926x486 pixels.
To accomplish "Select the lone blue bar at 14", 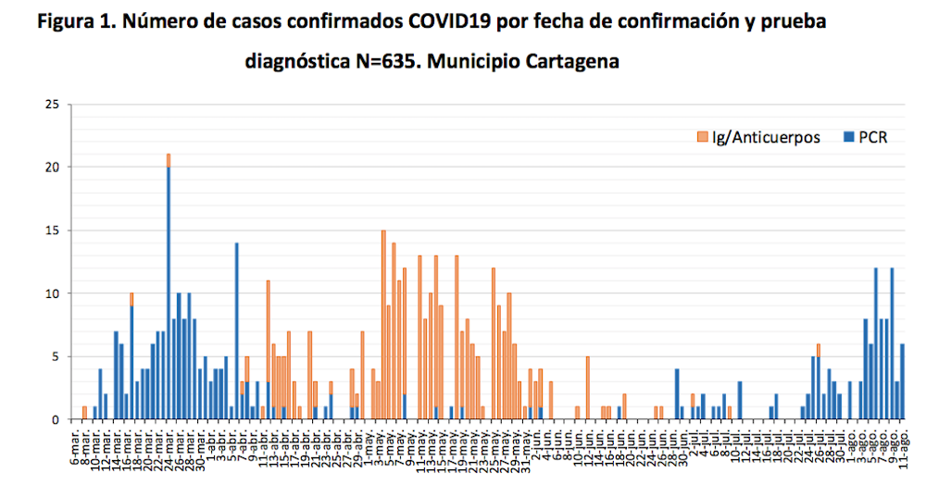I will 237,333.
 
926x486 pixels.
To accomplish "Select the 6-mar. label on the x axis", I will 75,446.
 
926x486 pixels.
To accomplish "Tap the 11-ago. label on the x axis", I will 904,446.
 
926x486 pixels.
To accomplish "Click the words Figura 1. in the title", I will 77,21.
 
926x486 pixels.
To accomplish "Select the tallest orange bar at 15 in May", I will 383,324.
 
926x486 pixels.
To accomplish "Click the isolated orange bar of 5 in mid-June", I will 588,388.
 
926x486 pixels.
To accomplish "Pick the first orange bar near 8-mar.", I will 84,413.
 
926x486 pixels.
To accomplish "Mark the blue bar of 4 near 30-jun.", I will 677,394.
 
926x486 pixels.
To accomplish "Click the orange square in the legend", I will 703,137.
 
